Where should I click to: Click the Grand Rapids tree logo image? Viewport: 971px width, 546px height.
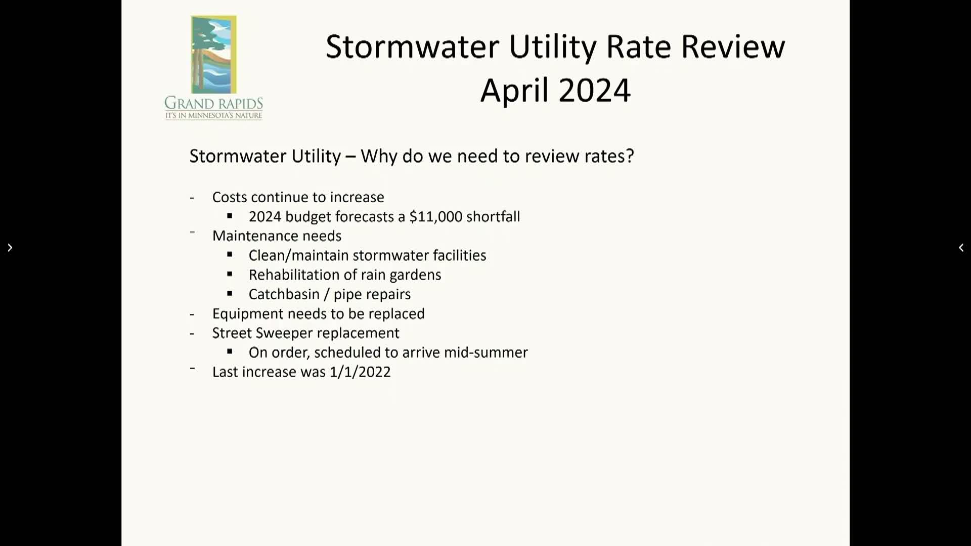(213, 55)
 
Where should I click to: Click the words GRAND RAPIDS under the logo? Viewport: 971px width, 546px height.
(213, 103)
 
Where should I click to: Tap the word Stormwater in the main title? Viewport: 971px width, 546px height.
(413, 47)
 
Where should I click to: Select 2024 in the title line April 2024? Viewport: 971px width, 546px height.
(594, 90)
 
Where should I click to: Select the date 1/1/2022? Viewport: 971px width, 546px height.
(360, 372)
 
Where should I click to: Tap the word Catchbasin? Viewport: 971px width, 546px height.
(284, 294)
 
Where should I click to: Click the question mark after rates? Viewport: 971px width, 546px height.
(630, 156)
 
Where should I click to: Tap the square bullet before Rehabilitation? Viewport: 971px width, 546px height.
(230, 275)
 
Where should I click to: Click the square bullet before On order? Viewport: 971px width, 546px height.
(230, 352)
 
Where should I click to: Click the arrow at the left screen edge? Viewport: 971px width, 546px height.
(10, 248)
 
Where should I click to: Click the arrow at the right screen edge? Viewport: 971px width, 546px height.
(961, 248)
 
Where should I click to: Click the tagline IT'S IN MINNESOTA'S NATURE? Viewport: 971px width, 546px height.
(213, 116)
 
